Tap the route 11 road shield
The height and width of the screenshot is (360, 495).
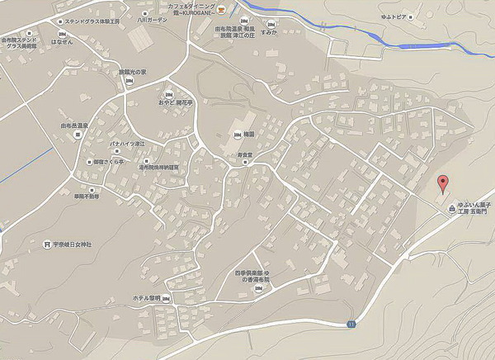tap(351, 322)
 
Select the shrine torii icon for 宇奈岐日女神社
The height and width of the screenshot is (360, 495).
tap(46, 244)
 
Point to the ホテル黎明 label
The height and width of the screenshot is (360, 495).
tap(145, 298)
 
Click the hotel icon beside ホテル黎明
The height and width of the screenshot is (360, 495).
tap(167, 298)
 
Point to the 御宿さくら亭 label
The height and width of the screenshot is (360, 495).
tap(107, 163)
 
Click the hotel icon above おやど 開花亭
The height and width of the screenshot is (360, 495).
tap(169, 92)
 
